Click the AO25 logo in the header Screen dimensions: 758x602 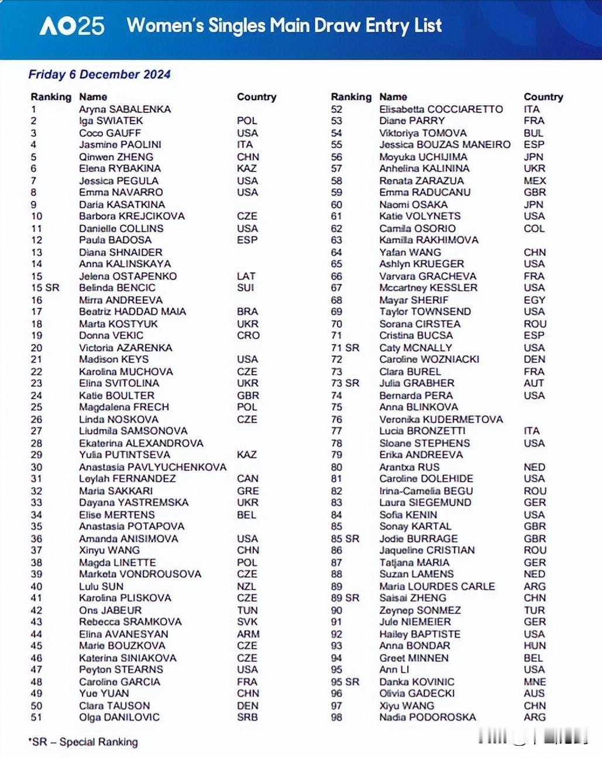pos(71,26)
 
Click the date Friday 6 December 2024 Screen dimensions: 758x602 pos(99,74)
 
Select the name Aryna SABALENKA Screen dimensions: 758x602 pos(125,109)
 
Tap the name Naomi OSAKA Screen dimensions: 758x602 pos(413,204)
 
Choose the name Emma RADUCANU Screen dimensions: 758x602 pos(425,192)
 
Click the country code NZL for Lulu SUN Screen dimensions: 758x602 pos(246,586)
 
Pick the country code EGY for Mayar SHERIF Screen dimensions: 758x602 pos(534,300)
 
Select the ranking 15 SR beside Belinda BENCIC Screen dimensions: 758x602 pos(45,287)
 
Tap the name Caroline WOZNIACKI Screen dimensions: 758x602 pos(429,359)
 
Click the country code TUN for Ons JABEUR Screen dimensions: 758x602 pos(247,610)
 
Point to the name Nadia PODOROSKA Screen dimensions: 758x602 pos(427,717)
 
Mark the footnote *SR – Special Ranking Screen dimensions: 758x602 pos(83,742)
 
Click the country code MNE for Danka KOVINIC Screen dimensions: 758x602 pos(535,682)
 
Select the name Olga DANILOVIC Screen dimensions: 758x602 pos(119,717)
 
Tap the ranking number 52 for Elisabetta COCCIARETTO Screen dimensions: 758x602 pos(336,109)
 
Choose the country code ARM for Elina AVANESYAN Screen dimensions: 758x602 pos(248,634)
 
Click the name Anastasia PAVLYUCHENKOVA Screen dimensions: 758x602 pos(152,467)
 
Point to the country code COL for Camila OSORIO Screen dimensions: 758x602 pos(534,228)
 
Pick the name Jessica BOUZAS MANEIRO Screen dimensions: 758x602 pos(445,144)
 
